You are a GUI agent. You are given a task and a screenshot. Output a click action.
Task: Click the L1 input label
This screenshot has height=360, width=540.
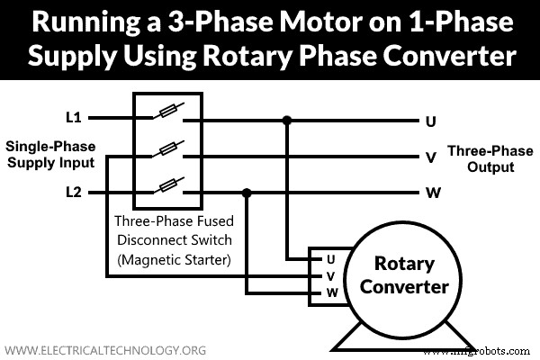[73, 118]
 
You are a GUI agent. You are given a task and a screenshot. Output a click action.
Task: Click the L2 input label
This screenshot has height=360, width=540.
[74, 193]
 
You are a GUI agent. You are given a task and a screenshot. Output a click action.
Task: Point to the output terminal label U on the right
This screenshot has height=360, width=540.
[430, 120]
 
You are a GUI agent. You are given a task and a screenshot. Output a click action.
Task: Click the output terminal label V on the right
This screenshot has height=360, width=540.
[430, 157]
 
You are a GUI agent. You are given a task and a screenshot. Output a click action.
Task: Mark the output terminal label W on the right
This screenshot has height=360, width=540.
[430, 193]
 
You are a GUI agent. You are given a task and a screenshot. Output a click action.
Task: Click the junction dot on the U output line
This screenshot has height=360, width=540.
[287, 119]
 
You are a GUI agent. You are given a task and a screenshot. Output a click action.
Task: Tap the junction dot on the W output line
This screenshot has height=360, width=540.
[247, 193]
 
